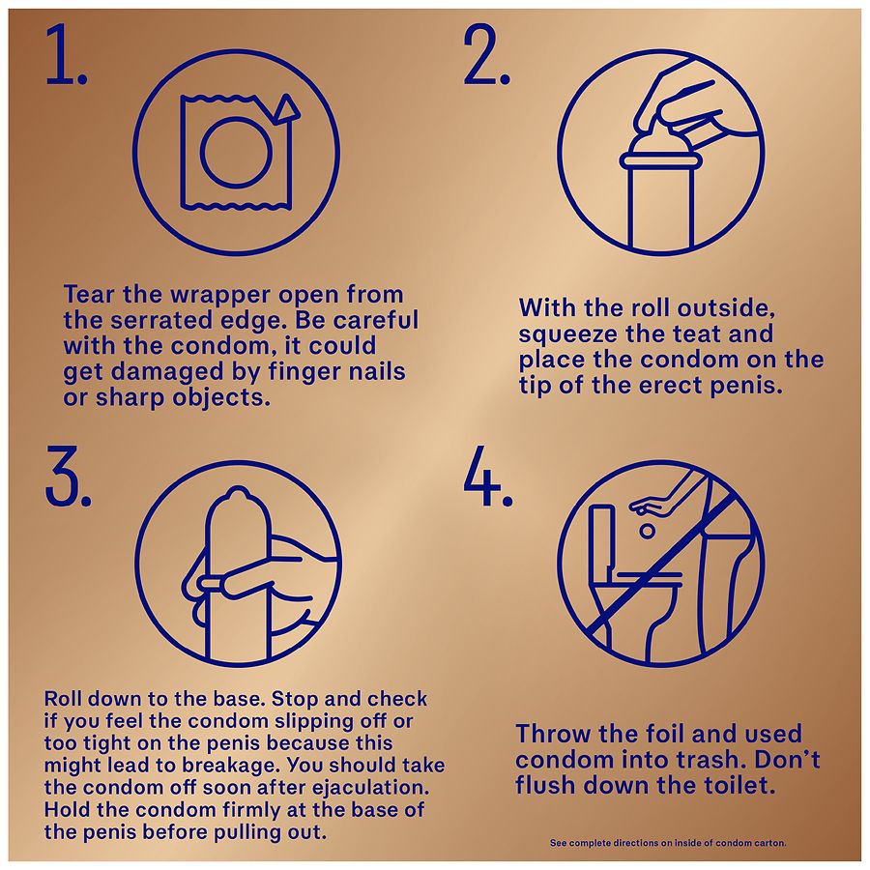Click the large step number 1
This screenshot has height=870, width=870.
point(66,55)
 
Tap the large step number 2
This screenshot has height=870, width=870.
point(486,55)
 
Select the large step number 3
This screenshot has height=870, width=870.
point(68,476)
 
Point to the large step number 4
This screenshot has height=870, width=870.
point(488,476)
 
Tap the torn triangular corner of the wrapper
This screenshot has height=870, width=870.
point(286,109)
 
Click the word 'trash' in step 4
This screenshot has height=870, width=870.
point(744,760)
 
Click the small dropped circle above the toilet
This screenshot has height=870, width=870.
point(647,531)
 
